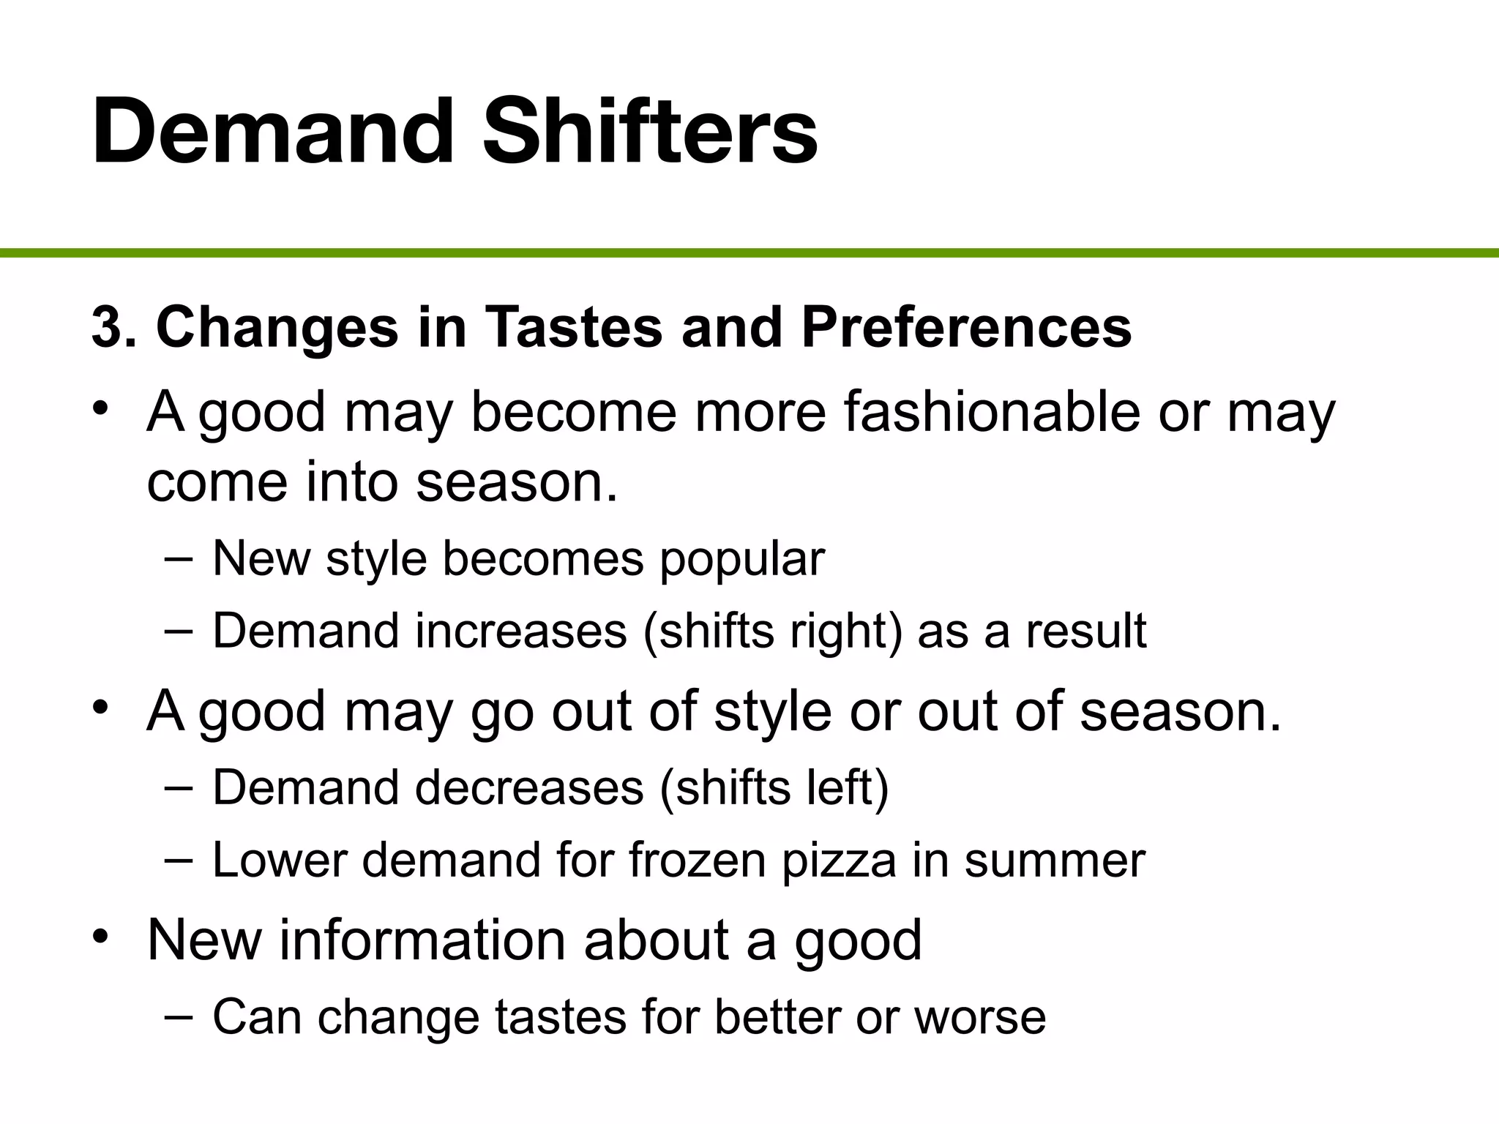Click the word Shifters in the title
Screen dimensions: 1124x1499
tap(649, 132)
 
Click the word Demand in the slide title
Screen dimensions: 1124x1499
tap(274, 132)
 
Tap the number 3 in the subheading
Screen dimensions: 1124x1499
tap(106, 327)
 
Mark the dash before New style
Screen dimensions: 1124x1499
tap(179, 558)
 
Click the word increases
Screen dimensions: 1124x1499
tap(521, 631)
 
